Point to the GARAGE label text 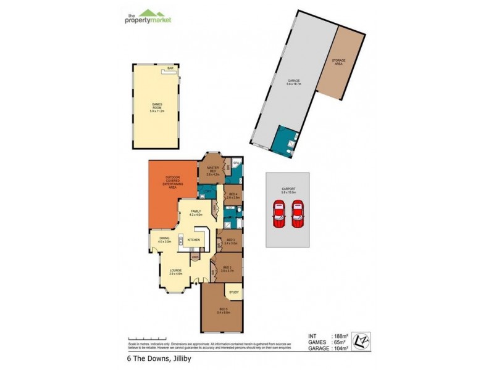pyautogui.click(x=293, y=82)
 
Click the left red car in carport pyautogui.click(x=279, y=217)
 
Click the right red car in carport pyautogui.click(x=299, y=217)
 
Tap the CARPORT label pyautogui.click(x=288, y=191)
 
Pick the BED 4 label pyautogui.click(x=233, y=195)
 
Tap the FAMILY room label pyautogui.click(x=196, y=213)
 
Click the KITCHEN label pyautogui.click(x=192, y=240)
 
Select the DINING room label pyautogui.click(x=164, y=240)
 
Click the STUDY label pyautogui.click(x=233, y=292)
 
